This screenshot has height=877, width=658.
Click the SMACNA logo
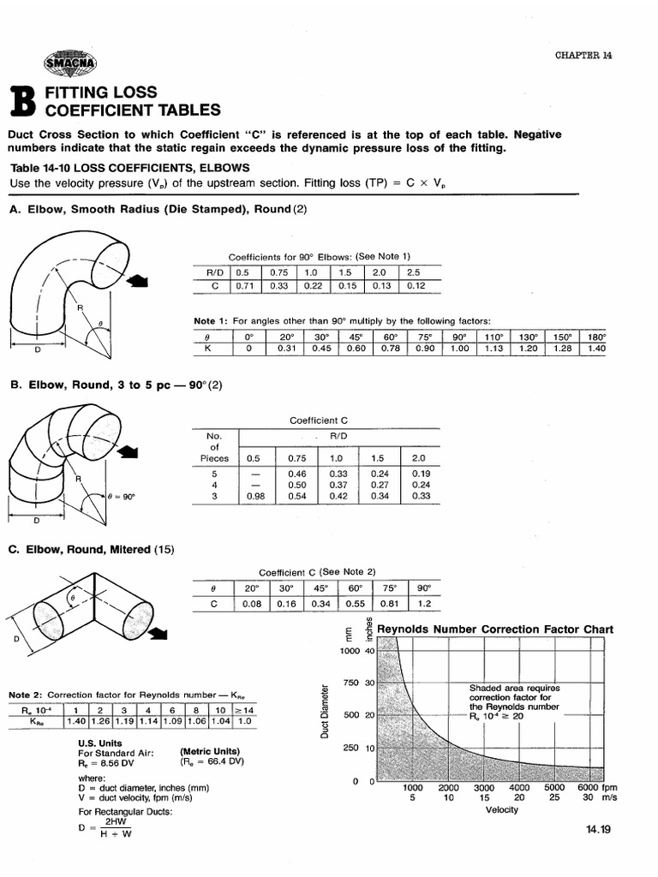point(72,61)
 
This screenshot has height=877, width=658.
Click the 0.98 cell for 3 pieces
point(254,495)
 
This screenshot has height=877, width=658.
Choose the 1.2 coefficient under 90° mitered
point(423,604)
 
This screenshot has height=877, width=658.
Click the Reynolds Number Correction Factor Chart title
point(495,629)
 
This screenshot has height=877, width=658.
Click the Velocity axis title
point(501,809)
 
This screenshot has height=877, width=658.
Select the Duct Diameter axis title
point(325,708)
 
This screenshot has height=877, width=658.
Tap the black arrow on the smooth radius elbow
point(136,279)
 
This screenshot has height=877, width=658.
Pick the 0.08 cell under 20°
point(250,604)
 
